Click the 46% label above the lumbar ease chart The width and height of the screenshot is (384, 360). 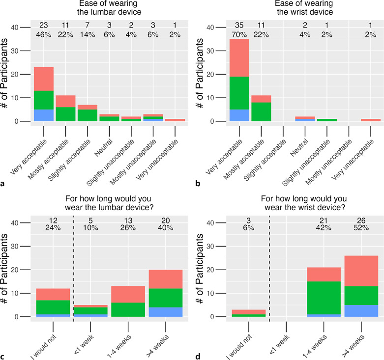(x=43, y=35)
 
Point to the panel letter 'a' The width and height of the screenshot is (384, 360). (x=3, y=185)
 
